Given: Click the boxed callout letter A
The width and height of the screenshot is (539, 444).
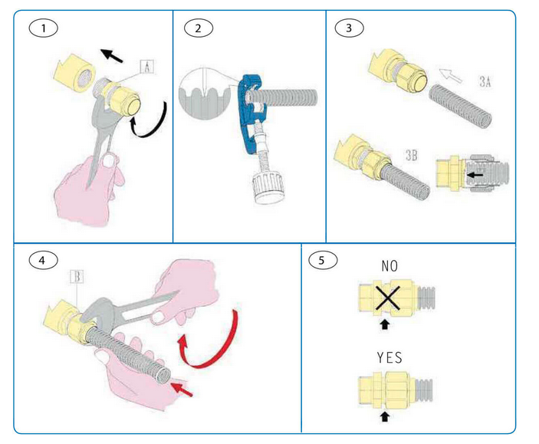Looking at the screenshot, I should (148, 67).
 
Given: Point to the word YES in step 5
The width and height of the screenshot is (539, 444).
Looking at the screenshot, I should (390, 358).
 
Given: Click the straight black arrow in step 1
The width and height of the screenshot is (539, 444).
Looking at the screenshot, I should (114, 56).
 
